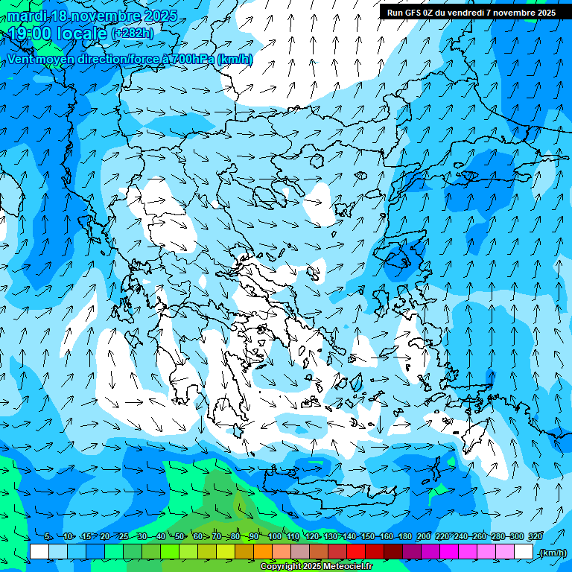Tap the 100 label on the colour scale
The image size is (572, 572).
point(275,536)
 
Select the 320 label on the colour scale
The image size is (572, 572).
point(535,536)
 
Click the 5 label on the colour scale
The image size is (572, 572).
point(48,536)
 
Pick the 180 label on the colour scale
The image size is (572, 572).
point(404,536)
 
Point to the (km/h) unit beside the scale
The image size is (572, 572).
point(553,553)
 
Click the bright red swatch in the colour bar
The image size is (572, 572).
point(357,552)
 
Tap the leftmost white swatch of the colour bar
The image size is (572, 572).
point(39,552)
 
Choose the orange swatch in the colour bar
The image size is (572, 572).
point(263,552)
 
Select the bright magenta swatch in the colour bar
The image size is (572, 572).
point(450,552)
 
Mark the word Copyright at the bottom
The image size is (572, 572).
point(280,567)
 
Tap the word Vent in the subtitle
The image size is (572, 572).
point(20,59)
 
